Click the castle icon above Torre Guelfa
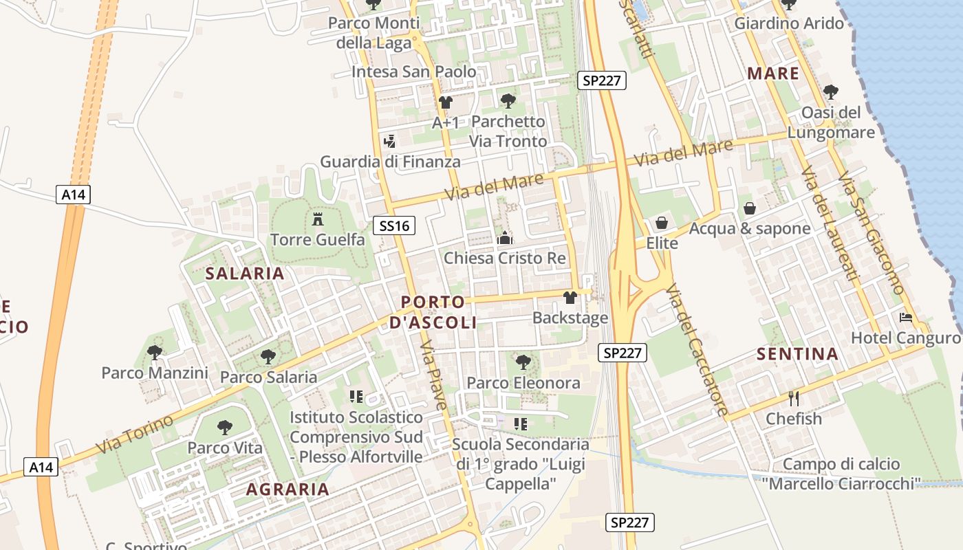(x=318, y=219)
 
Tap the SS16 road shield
(x=394, y=225)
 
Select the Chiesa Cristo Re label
(x=505, y=258)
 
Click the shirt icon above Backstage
(x=570, y=298)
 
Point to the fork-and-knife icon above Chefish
(x=794, y=398)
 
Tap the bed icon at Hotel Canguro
(x=906, y=318)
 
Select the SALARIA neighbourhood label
(x=244, y=274)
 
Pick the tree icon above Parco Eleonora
(x=523, y=362)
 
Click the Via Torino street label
(x=134, y=434)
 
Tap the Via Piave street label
(x=435, y=374)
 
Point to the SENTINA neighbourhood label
(x=797, y=355)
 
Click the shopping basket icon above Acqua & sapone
(x=750, y=208)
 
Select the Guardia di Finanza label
(x=390, y=162)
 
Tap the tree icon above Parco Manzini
(x=155, y=353)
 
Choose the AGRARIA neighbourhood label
(x=288, y=489)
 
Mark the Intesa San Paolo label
(x=413, y=71)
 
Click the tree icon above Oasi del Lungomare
(x=831, y=91)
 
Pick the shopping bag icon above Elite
(x=662, y=223)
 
